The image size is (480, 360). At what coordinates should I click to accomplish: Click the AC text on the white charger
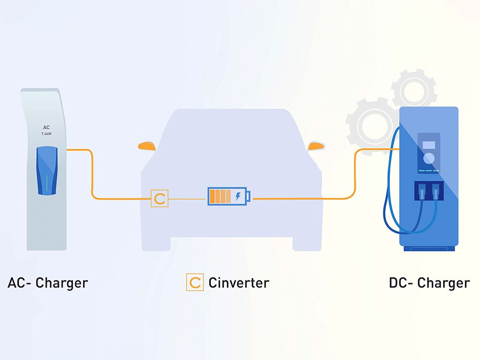coord(46,127)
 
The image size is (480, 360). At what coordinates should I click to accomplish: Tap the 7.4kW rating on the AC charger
coord(46,134)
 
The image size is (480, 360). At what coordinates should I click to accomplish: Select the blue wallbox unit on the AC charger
coord(47,170)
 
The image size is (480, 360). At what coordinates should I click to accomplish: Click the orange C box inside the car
coord(159,199)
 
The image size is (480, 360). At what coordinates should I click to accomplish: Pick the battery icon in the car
coord(229,196)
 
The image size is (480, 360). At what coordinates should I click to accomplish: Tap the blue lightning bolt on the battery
coord(238,196)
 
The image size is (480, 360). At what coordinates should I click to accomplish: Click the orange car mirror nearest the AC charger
coord(147,146)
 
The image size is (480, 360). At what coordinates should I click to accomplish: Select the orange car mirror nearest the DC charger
coord(316,146)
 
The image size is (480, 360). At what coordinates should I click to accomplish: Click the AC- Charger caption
coord(48,283)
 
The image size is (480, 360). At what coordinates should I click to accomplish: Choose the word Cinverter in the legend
coord(239,283)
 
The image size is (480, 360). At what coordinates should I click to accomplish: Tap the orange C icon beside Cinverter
coord(195,283)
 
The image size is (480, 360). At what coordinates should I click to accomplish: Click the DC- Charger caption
coord(429,283)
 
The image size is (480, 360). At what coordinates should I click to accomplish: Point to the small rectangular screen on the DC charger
coord(428,145)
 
